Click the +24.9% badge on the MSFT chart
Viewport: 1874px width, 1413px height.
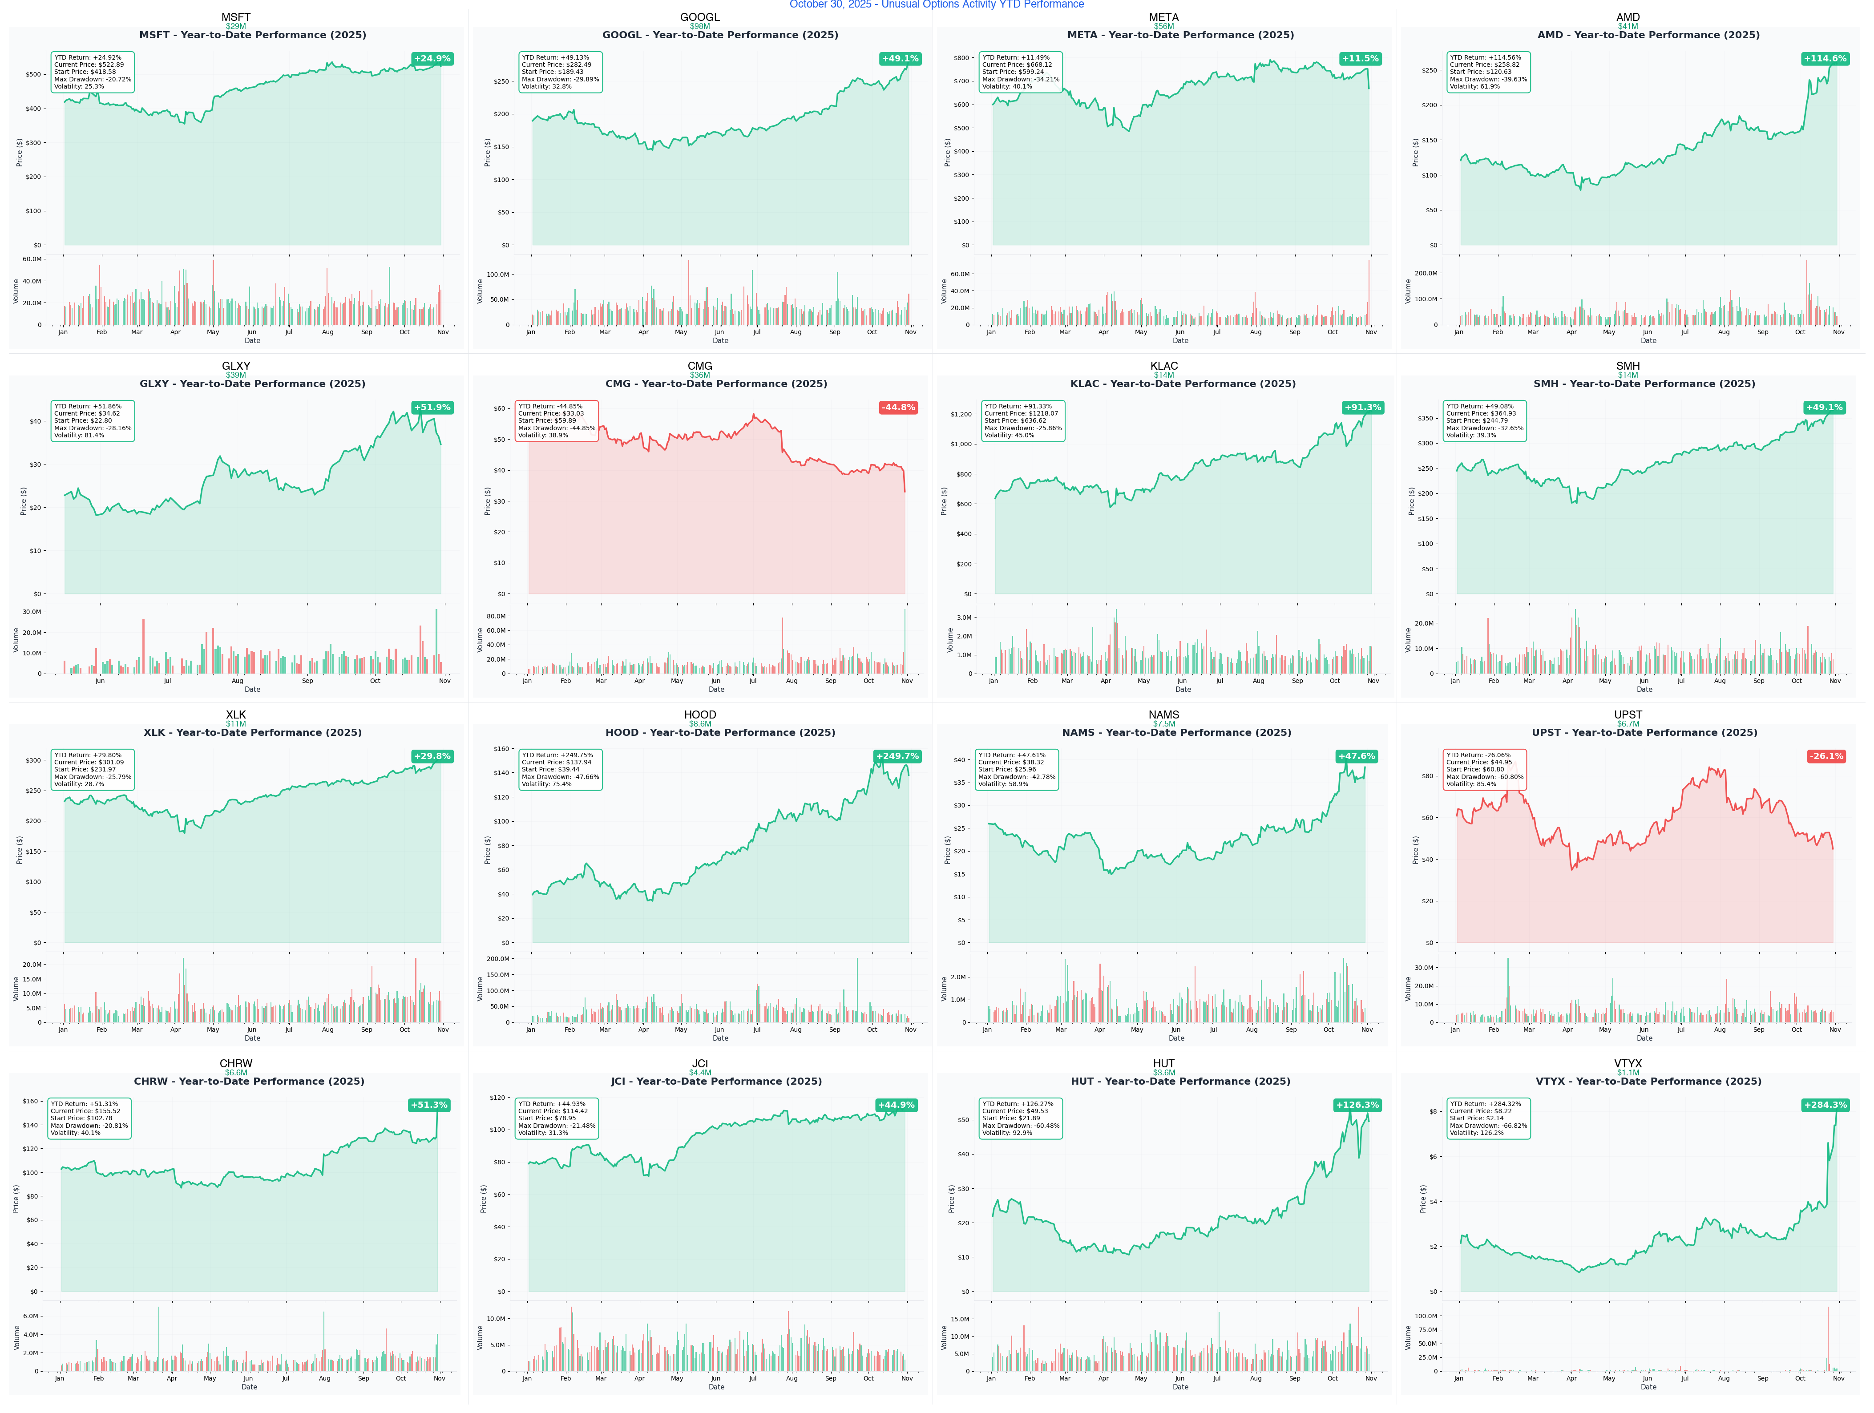click(x=432, y=58)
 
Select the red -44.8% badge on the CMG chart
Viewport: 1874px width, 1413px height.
click(x=898, y=408)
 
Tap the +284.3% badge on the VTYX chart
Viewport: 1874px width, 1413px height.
click(x=1825, y=1105)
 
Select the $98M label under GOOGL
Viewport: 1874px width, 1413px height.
click(x=700, y=26)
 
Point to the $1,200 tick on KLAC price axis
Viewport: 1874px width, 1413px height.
click(x=961, y=414)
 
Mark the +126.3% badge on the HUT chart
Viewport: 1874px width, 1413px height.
click(x=1357, y=1105)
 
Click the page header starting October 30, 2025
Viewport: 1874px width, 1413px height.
click(x=936, y=5)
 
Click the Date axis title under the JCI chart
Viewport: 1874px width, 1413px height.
click(x=716, y=1387)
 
